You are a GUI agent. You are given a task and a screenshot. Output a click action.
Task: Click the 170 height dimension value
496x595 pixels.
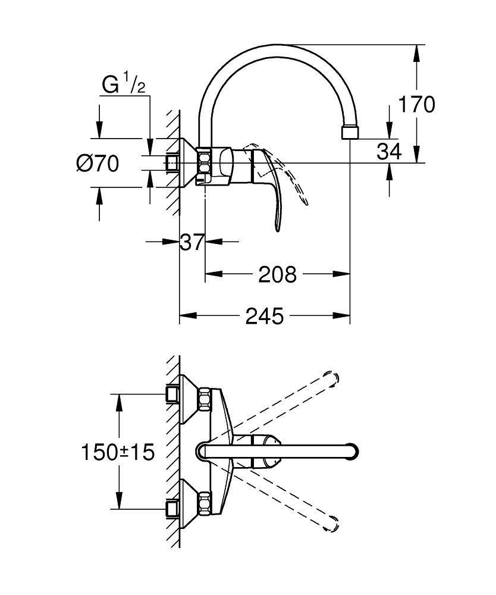[416, 105]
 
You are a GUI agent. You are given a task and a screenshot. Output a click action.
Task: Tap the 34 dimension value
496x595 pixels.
[389, 152]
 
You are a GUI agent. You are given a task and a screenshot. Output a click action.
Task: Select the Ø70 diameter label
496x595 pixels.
[98, 162]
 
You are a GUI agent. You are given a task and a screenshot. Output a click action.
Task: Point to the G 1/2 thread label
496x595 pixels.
[123, 86]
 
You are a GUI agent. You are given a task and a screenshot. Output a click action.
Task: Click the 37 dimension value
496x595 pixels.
[192, 242]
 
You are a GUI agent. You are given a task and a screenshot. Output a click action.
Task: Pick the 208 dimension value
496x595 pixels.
[277, 274]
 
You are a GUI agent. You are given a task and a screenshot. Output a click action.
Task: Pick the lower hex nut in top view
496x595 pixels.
[204, 502]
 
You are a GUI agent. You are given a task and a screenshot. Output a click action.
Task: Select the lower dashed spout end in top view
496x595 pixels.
[333, 524]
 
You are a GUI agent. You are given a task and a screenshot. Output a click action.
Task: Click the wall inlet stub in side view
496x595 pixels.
[172, 162]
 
